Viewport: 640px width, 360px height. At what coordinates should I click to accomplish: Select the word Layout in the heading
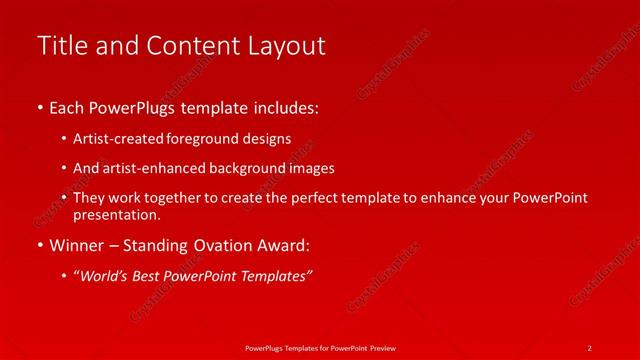[x=288, y=46]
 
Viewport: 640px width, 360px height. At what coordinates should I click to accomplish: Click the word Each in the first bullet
[x=67, y=106]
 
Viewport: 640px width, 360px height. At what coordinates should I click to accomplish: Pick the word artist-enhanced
[x=151, y=168]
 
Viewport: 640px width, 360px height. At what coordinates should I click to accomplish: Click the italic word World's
[x=105, y=276]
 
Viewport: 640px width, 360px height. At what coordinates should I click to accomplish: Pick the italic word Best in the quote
[x=150, y=276]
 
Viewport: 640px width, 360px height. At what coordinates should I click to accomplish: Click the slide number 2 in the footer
[x=590, y=346]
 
